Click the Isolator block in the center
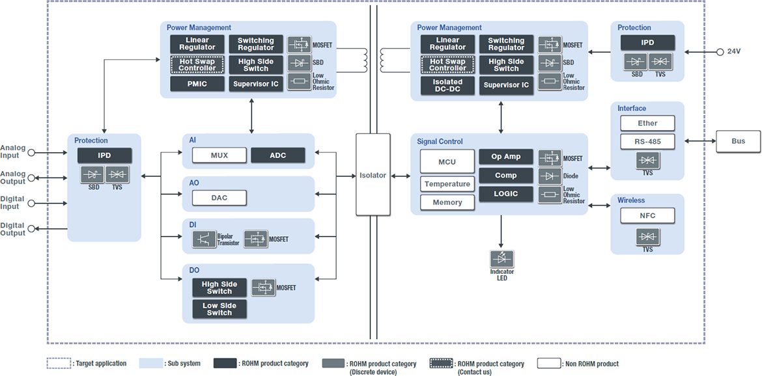[373, 174]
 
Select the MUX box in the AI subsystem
[219, 155]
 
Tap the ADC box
[278, 155]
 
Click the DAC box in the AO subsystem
[219, 198]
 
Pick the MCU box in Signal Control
[447, 161]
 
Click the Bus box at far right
[738, 141]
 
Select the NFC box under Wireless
[647, 215]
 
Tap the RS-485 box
[647, 141]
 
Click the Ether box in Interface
[647, 123]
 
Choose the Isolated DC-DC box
[447, 85]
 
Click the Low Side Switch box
[219, 309]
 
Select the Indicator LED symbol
[501, 258]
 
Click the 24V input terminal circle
[720, 51]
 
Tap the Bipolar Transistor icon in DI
[205, 239]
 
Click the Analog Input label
[13, 152]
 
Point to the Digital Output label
[13, 229]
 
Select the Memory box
[447, 202]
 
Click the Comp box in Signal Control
[506, 176]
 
